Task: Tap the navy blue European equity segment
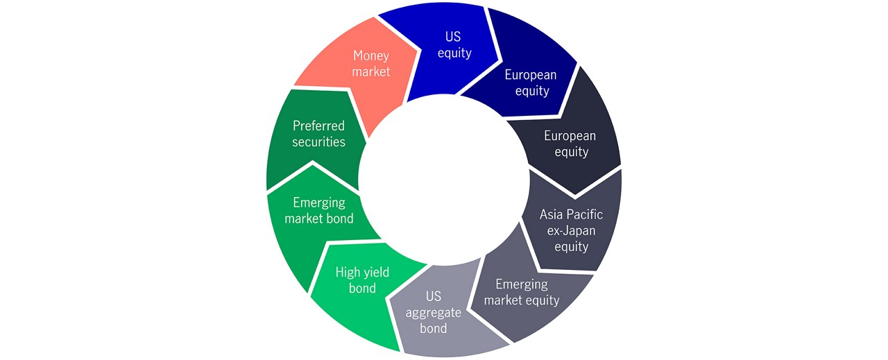(x=523, y=79)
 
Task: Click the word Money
(x=371, y=56)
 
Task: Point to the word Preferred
(x=318, y=126)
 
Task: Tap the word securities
(x=318, y=142)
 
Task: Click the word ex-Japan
(x=571, y=230)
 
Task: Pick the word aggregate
(x=434, y=313)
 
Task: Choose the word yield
(x=375, y=273)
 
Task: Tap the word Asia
(x=552, y=214)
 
